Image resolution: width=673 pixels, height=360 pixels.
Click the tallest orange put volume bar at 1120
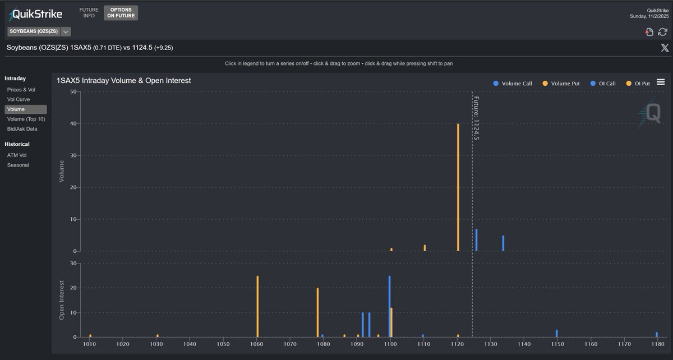click(x=458, y=188)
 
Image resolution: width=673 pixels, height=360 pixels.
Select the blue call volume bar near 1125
click(x=476, y=240)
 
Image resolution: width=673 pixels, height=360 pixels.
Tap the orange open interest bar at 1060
click(x=257, y=306)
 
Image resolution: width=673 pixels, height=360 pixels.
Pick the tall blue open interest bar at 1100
click(x=389, y=306)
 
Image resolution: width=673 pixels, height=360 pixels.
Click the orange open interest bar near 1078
click(x=317, y=312)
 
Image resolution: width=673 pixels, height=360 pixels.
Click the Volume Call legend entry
click(x=513, y=84)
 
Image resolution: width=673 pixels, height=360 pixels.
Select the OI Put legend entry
click(x=638, y=84)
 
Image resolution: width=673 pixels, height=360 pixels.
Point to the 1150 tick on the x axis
click(x=556, y=344)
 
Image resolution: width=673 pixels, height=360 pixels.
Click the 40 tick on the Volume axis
click(x=73, y=124)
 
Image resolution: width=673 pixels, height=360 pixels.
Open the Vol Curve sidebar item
click(x=18, y=99)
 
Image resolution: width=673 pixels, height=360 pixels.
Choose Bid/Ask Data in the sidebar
click(x=22, y=129)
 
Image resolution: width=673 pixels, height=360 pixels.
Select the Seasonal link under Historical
click(x=18, y=165)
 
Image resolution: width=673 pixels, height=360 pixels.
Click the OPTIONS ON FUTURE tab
click(x=121, y=13)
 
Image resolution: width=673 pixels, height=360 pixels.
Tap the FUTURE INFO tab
click(x=89, y=13)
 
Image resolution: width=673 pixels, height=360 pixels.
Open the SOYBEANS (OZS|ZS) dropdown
click(x=38, y=31)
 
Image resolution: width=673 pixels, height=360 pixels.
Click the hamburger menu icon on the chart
click(x=661, y=82)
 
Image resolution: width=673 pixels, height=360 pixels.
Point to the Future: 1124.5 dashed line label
click(x=476, y=118)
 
